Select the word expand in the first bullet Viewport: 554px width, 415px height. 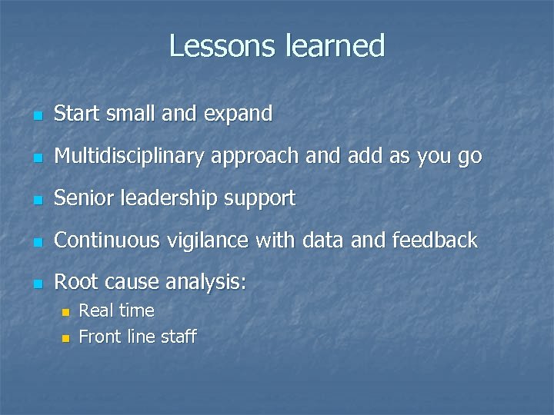pyautogui.click(x=238, y=115)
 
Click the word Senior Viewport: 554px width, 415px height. pyautogui.click(x=79, y=198)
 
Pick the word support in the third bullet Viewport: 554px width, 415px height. pyautogui.click(x=259, y=199)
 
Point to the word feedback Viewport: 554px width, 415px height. pyautogui.click(x=435, y=241)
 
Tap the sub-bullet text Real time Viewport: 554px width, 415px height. pyautogui.click(x=117, y=311)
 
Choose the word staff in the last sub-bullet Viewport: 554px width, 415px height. pyautogui.click(x=179, y=337)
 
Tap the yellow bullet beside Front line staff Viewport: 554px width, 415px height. pyautogui.click(x=65, y=338)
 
